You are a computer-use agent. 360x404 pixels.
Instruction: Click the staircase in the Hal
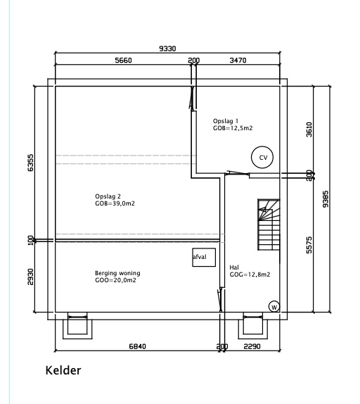(269, 225)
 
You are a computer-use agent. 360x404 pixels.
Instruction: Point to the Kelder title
(63, 370)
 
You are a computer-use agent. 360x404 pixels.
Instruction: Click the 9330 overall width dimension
(167, 49)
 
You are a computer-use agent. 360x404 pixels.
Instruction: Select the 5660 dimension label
(123, 61)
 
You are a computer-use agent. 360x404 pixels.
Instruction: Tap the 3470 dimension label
(238, 61)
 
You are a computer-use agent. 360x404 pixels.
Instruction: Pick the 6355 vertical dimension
(30, 163)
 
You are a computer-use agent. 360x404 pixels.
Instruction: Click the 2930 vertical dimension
(30, 277)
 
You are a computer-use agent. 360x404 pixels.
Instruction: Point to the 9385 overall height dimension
(326, 199)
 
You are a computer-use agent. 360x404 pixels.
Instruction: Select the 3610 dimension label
(309, 130)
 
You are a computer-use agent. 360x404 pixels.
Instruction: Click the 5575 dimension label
(309, 245)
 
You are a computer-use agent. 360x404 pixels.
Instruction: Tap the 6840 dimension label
(137, 346)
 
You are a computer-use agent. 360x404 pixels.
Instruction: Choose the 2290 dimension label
(252, 346)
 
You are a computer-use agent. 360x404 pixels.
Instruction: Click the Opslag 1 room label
(226, 121)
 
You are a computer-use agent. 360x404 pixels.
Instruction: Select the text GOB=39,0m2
(115, 203)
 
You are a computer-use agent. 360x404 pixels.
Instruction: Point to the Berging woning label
(117, 273)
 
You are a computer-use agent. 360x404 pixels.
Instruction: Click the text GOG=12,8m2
(250, 274)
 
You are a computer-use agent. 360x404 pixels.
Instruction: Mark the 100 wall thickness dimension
(31, 240)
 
